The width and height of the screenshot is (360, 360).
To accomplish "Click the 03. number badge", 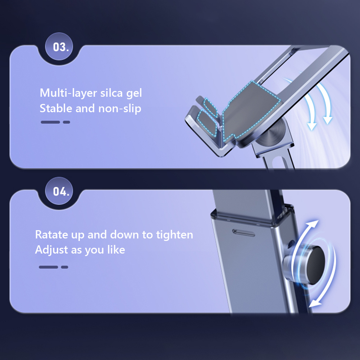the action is (59, 46).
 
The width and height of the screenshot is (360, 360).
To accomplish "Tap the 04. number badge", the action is (59, 191).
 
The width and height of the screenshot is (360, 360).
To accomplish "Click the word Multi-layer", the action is (68, 93).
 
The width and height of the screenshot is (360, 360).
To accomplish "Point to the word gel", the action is (134, 94).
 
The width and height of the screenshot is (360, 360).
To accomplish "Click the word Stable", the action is (56, 108).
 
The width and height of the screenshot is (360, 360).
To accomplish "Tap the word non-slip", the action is (120, 109).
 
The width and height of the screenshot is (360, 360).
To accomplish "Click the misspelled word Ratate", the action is (52, 234).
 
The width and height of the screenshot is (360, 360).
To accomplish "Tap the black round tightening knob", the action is (316, 265).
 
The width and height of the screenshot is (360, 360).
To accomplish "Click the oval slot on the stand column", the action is (243, 233).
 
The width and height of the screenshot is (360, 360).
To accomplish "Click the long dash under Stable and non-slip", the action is (50, 122).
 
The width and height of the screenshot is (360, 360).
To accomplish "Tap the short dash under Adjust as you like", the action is (64, 267).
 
